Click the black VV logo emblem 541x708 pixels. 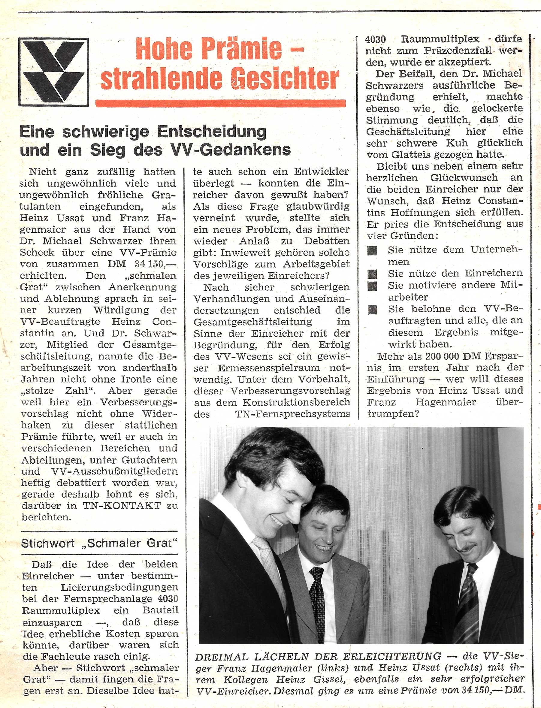pyautogui.click(x=53, y=72)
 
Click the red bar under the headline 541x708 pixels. pyautogui.click(x=220, y=103)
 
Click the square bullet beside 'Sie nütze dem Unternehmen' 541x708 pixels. pyautogui.click(x=372, y=250)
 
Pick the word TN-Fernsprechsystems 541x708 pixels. pyautogui.click(x=293, y=414)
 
